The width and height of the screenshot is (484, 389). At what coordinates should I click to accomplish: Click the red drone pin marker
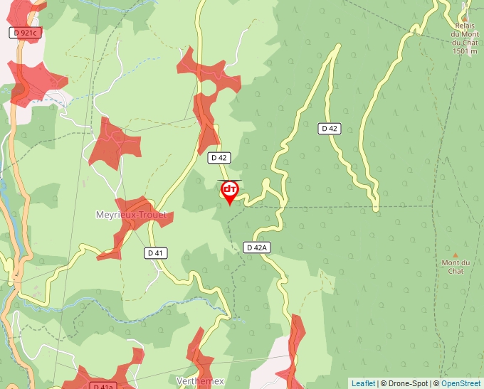click(x=229, y=191)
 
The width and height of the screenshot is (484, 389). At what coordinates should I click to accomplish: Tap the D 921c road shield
click(x=23, y=33)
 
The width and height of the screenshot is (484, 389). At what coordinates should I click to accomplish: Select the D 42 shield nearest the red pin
click(x=219, y=158)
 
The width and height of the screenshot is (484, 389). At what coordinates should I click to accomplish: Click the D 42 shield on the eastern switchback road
click(x=329, y=128)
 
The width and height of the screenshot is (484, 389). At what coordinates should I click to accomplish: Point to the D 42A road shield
click(x=257, y=247)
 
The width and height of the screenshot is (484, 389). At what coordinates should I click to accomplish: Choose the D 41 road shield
click(x=155, y=252)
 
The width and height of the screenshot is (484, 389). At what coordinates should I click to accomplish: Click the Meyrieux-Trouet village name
click(x=131, y=215)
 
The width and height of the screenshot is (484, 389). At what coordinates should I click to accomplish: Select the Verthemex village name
click(x=200, y=381)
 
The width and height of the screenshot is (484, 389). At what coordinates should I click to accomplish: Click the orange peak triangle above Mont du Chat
click(x=456, y=255)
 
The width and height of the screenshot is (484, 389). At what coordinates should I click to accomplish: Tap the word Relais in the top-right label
click(x=465, y=26)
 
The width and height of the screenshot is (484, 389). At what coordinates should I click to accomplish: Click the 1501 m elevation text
click(x=464, y=51)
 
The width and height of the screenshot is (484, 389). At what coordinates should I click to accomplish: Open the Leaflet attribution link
click(x=363, y=383)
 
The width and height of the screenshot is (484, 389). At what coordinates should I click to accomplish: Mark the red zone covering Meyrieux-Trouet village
click(x=135, y=220)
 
